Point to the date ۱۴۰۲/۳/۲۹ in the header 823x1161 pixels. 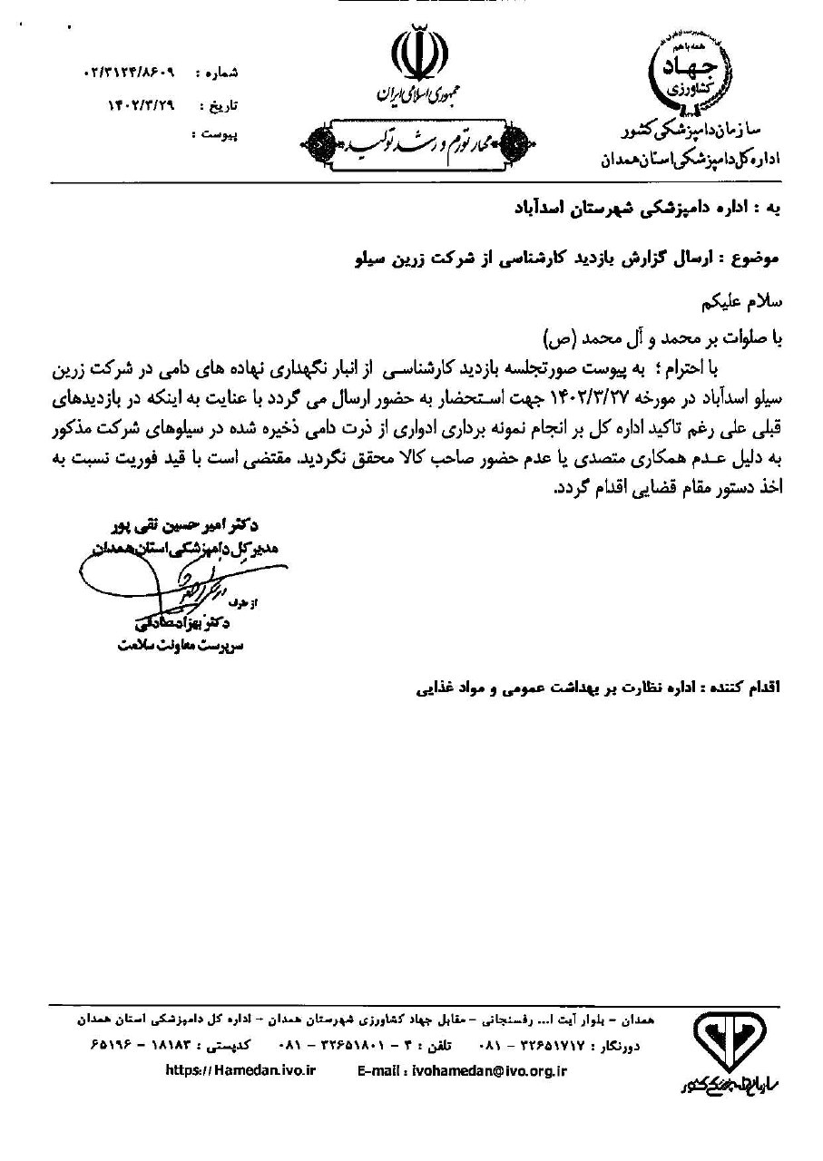141,104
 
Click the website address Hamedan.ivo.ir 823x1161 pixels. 240,1070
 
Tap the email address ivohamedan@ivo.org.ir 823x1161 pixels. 462,1070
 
